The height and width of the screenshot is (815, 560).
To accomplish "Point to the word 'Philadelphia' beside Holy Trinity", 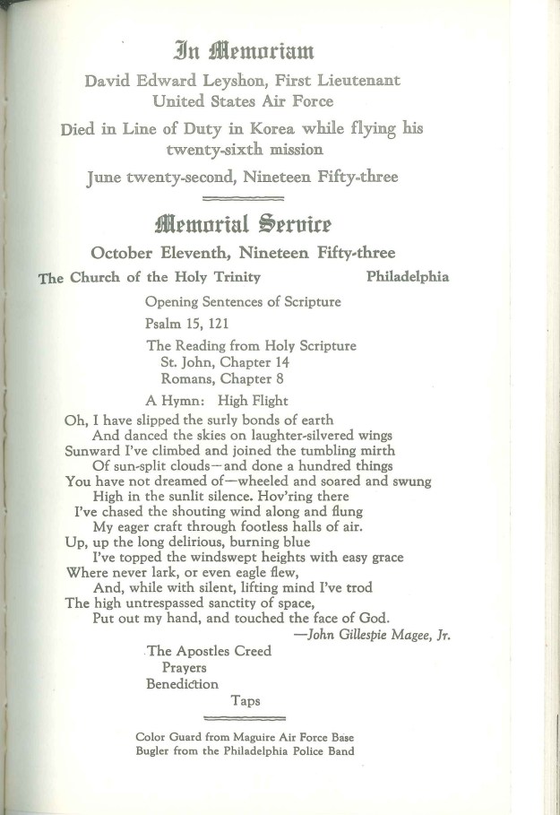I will (408, 277).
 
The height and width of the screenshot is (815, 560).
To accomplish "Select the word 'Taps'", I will (246, 700).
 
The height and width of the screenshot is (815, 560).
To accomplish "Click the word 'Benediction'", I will (183, 683).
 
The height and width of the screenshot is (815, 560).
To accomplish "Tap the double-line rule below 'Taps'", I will (245, 718).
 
